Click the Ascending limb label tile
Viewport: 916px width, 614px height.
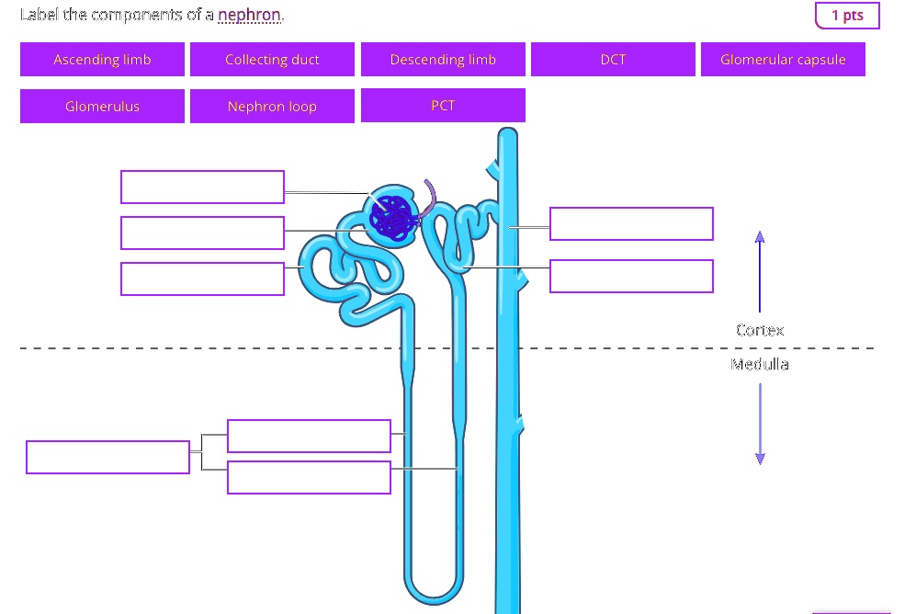pyautogui.click(x=102, y=60)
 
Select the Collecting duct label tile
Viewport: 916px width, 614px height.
pyautogui.click(x=272, y=60)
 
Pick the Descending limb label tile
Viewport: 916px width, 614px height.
pyautogui.click(x=443, y=60)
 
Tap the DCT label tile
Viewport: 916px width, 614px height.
pyautogui.click(x=613, y=60)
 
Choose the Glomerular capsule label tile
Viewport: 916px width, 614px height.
pyautogui.click(x=783, y=60)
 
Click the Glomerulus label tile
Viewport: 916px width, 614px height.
pyautogui.click(x=102, y=107)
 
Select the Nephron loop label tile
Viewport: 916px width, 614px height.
pyautogui.click(x=272, y=107)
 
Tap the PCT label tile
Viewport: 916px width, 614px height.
pyautogui.click(x=443, y=106)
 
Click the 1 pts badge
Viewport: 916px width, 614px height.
pyautogui.click(x=846, y=16)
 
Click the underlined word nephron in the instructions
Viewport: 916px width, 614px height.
pyautogui.click(x=250, y=16)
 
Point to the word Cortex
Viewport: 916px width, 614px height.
pyautogui.click(x=760, y=330)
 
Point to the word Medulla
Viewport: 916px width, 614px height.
pyautogui.click(x=760, y=364)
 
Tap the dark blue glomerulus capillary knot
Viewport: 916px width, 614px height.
pyautogui.click(x=394, y=219)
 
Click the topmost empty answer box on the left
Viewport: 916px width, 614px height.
pyautogui.click(x=202, y=187)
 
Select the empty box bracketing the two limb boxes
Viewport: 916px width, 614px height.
pyautogui.click(x=107, y=457)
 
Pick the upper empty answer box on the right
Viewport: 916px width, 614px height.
pyautogui.click(x=631, y=223)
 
